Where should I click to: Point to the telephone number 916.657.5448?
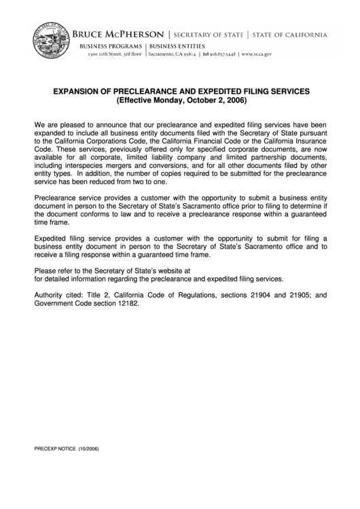(x=220, y=53)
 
